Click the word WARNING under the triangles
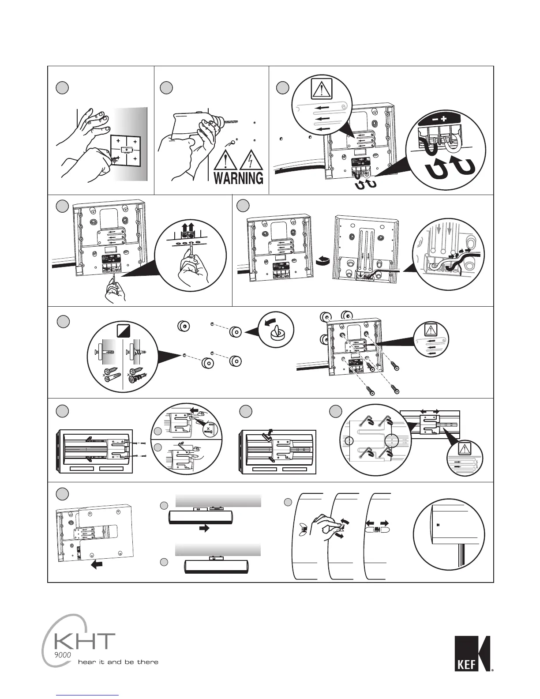coord(238,178)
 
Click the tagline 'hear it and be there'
coord(118,662)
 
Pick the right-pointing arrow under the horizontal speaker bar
coord(203,528)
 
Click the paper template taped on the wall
coord(126,150)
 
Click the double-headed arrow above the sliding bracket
coord(430,411)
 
